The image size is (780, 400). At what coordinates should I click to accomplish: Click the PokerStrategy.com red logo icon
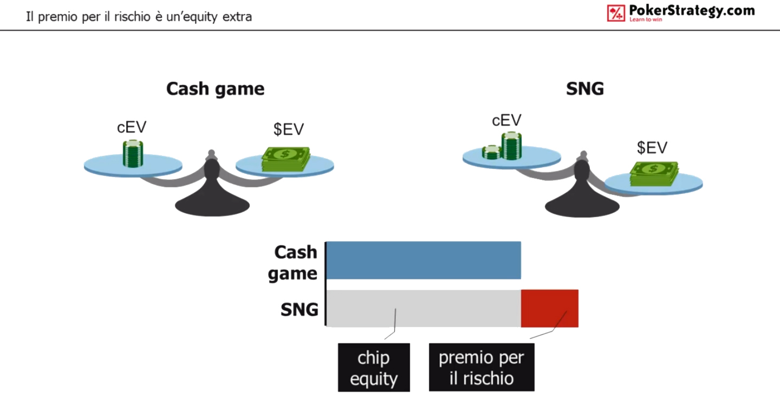(616, 13)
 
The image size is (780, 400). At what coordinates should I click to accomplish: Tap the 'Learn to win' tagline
(646, 19)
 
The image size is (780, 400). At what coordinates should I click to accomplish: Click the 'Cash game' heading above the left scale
(215, 89)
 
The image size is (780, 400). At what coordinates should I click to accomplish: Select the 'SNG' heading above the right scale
(585, 89)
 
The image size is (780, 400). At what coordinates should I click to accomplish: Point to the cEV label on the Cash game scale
(132, 127)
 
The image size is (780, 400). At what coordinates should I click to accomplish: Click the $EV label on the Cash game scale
(289, 129)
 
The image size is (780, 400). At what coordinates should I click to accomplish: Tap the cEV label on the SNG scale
(506, 121)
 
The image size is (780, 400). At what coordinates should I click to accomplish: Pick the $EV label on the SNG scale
(652, 147)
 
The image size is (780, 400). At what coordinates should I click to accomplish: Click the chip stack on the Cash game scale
(133, 153)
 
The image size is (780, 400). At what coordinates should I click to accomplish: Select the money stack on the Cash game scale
(286, 159)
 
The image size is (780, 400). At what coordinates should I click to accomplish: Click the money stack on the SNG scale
(654, 174)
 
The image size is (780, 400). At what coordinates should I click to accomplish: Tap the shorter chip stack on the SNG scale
(491, 152)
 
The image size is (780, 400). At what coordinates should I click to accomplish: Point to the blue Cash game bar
(424, 260)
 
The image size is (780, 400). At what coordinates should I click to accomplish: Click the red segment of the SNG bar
(549, 309)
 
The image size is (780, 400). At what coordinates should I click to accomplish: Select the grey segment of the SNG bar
(424, 309)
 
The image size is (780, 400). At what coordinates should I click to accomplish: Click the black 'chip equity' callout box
(374, 368)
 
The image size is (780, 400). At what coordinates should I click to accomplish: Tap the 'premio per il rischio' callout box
(482, 368)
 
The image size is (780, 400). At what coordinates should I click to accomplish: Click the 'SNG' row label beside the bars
(300, 310)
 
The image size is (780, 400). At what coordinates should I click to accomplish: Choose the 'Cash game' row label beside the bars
(293, 263)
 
